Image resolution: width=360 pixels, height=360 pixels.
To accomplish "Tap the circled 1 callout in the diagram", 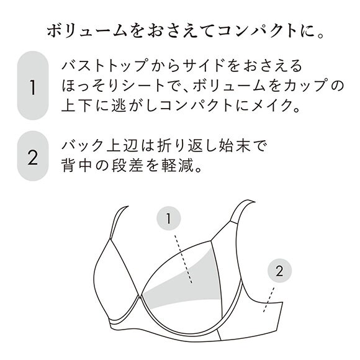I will click(168, 218).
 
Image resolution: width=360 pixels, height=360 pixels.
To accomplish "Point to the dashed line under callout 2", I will click(271, 299).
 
